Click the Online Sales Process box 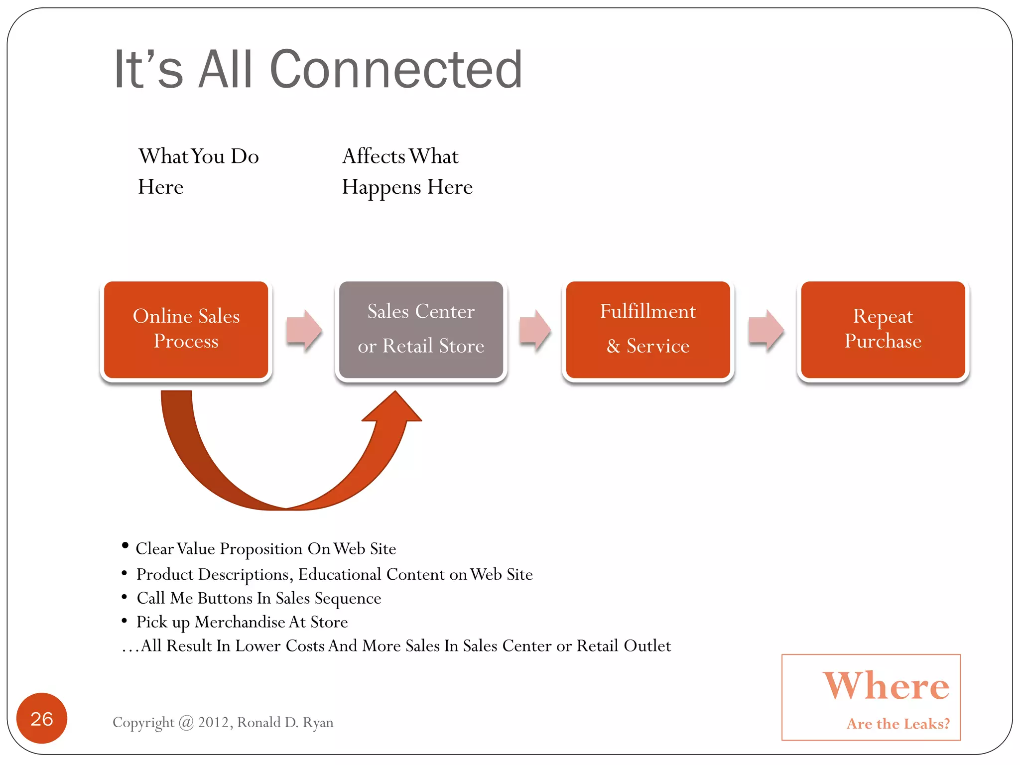[x=186, y=329]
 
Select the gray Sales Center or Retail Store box [x=421, y=329]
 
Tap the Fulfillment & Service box [x=647, y=329]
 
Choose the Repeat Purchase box [x=883, y=329]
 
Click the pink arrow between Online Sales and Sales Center [x=304, y=330]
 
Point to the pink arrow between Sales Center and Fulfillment [x=535, y=330]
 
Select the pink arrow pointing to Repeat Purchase [x=766, y=330]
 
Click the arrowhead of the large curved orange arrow [x=393, y=408]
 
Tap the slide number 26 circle [x=42, y=718]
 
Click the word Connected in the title [x=396, y=70]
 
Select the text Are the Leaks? [x=898, y=723]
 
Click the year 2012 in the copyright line [x=214, y=722]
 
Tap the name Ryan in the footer [x=318, y=722]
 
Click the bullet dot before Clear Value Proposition [x=125, y=546]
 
